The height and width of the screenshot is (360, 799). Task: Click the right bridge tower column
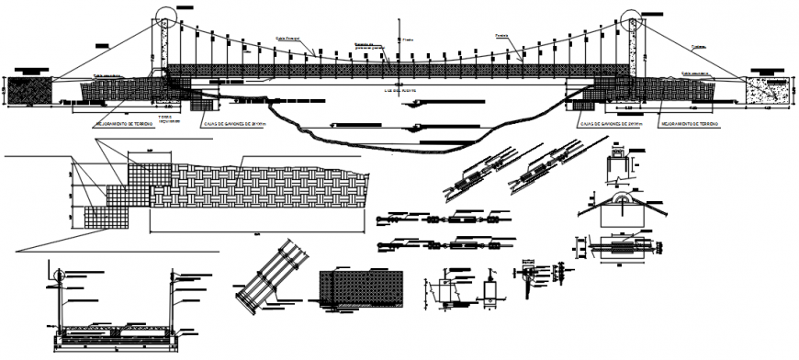pyautogui.click(x=633, y=51)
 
